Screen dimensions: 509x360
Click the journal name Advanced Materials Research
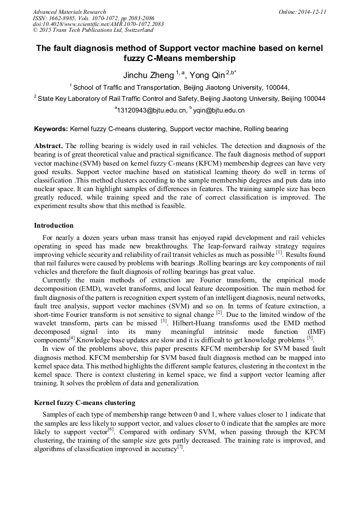[x=69, y=12]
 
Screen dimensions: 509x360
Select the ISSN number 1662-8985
[x=63, y=18]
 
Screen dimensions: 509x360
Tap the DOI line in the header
[x=98, y=24]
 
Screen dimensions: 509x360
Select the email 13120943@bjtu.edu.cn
[x=152, y=110]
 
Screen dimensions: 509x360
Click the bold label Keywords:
[x=51, y=129]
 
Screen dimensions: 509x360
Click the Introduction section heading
[x=54, y=226]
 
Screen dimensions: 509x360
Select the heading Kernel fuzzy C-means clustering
[x=84, y=403]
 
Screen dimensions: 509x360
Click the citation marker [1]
[x=279, y=253]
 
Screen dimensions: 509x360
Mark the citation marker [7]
[x=180, y=447]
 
